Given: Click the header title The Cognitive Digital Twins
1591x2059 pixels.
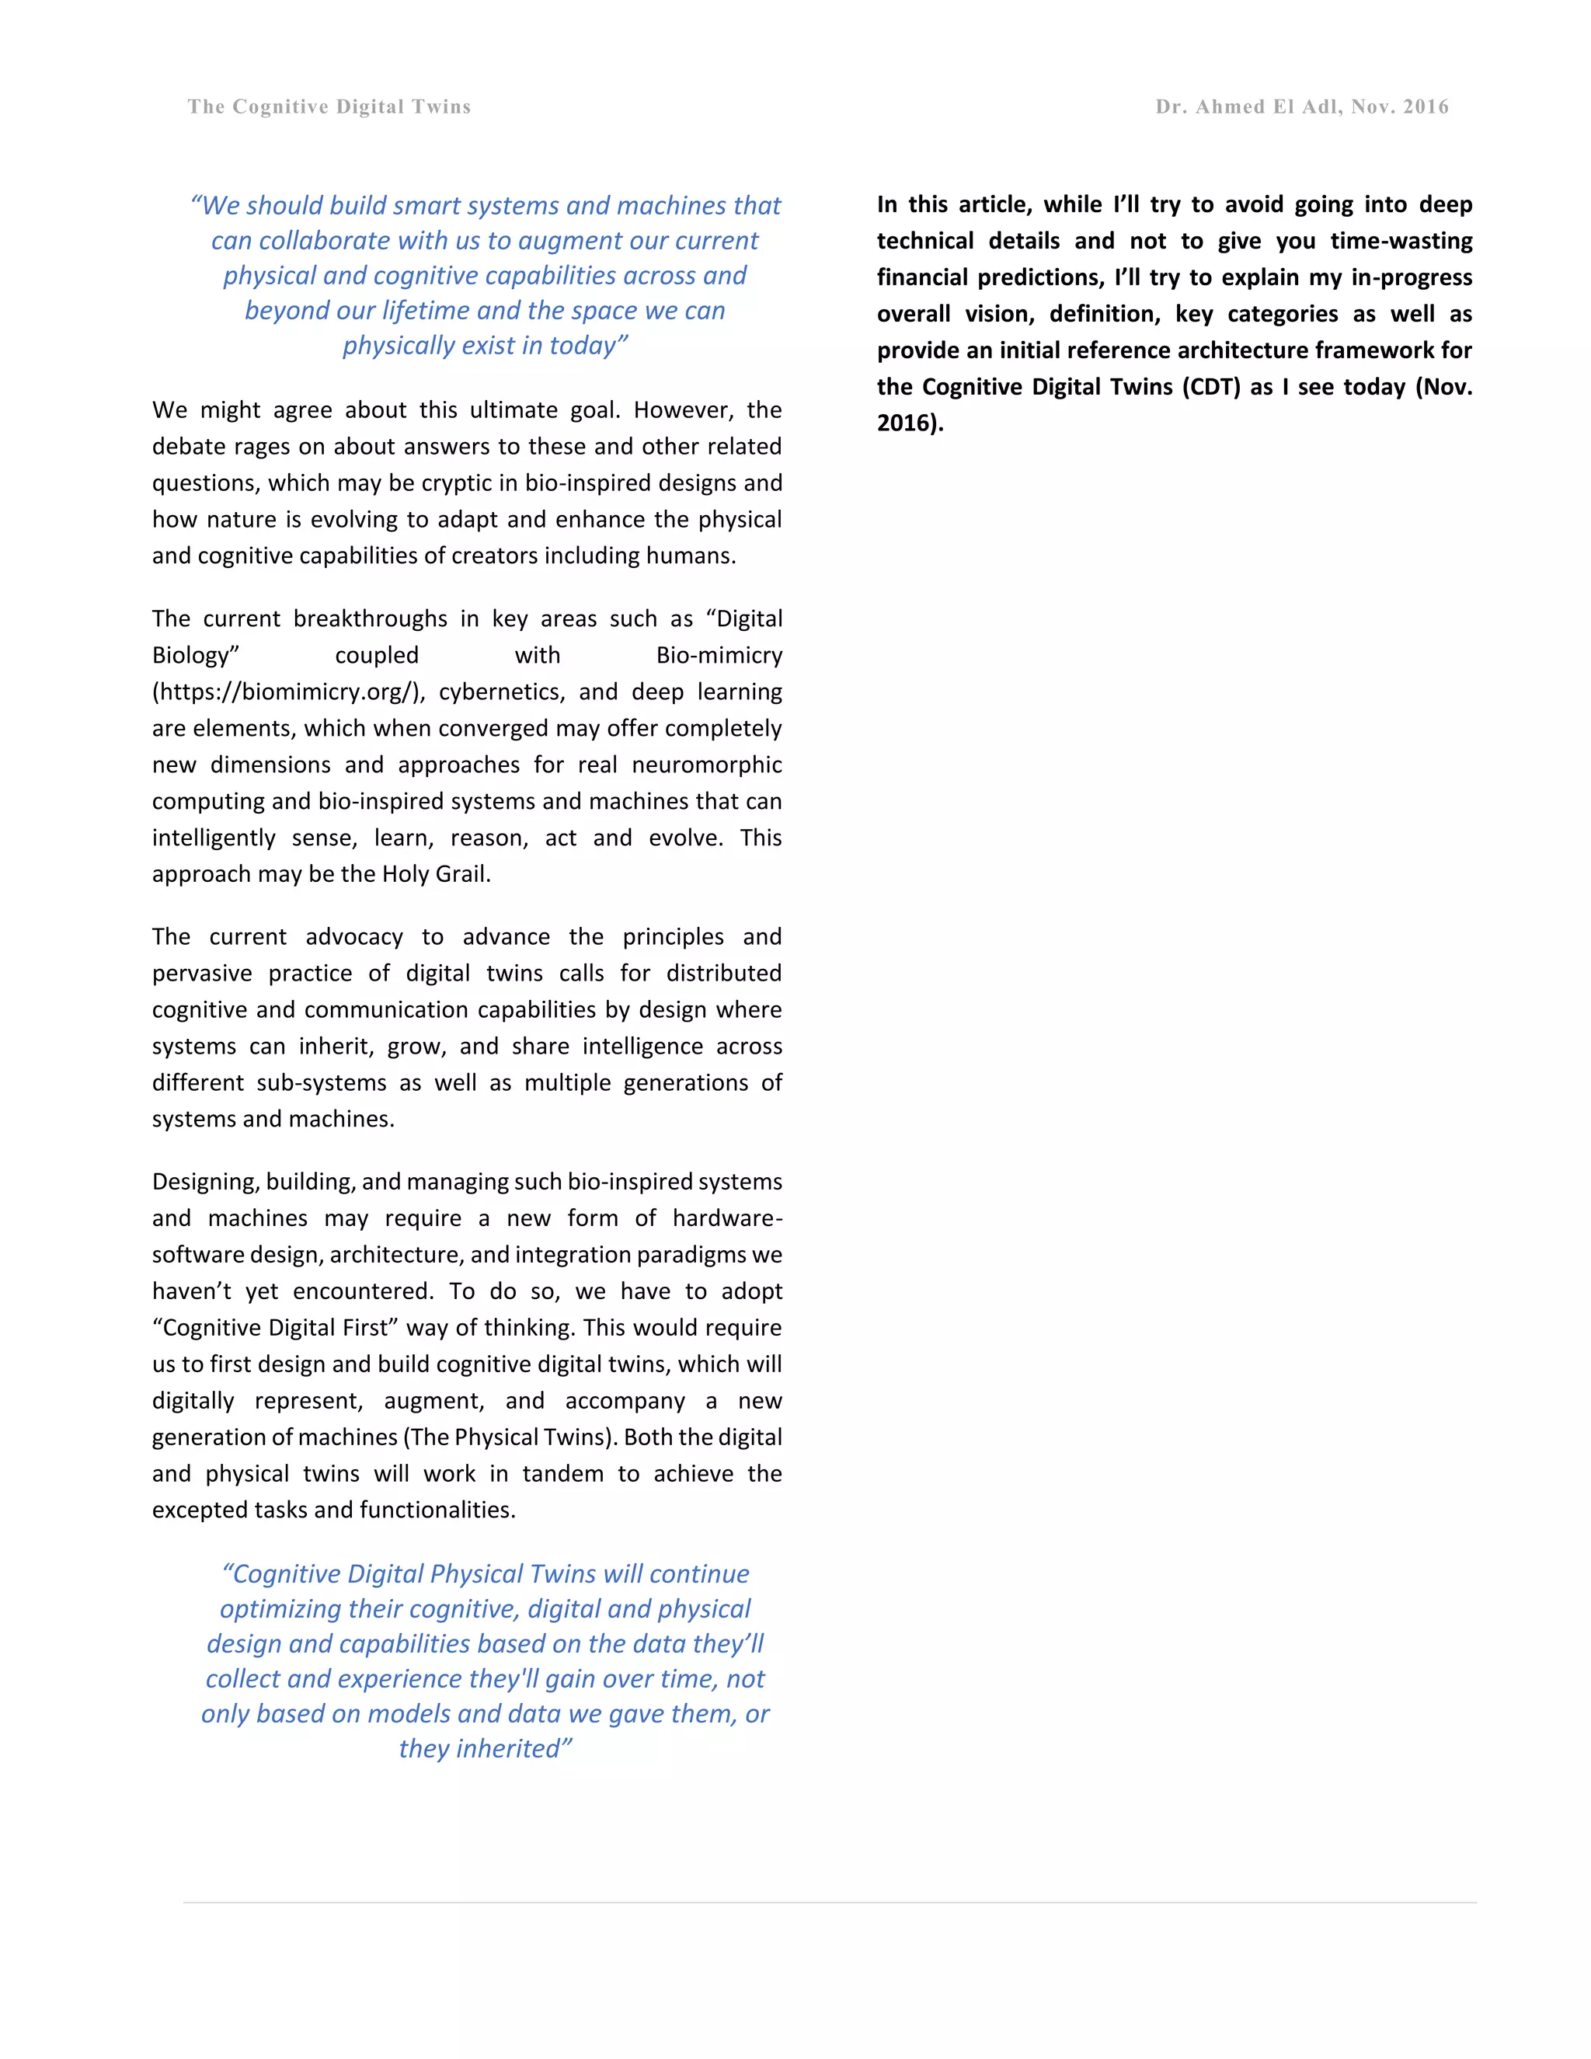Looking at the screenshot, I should [x=329, y=106].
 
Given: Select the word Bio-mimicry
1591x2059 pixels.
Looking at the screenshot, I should [x=719, y=655].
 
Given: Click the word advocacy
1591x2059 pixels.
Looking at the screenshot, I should [x=353, y=936].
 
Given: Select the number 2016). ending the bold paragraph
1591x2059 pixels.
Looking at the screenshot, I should [x=910, y=423].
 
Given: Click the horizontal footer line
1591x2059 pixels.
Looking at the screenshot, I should [x=830, y=1903].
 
